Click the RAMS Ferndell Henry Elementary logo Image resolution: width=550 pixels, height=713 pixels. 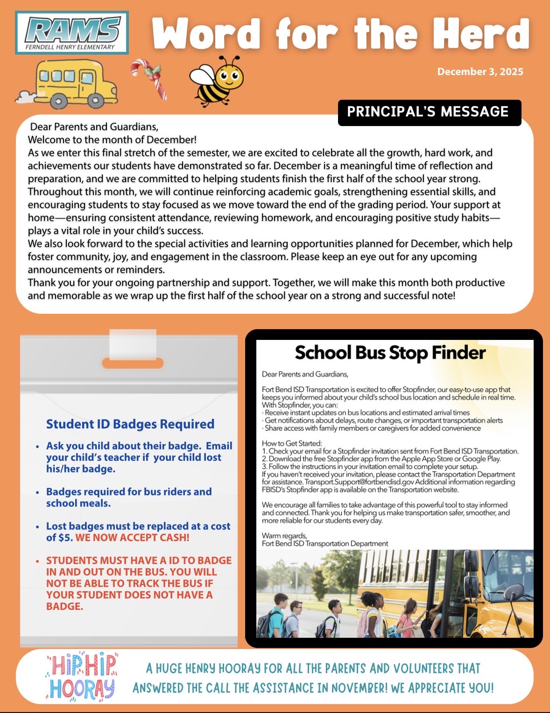(72, 33)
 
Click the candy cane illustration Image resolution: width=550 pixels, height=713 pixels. (150, 77)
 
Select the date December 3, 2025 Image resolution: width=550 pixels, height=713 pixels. (480, 72)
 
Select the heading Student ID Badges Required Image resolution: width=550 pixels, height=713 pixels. (130, 424)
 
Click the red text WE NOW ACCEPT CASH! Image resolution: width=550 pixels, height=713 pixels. (132, 538)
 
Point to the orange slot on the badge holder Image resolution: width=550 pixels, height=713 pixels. (133, 363)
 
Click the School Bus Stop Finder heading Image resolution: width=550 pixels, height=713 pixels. (390, 353)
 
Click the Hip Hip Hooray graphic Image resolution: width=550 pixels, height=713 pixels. (82, 676)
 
